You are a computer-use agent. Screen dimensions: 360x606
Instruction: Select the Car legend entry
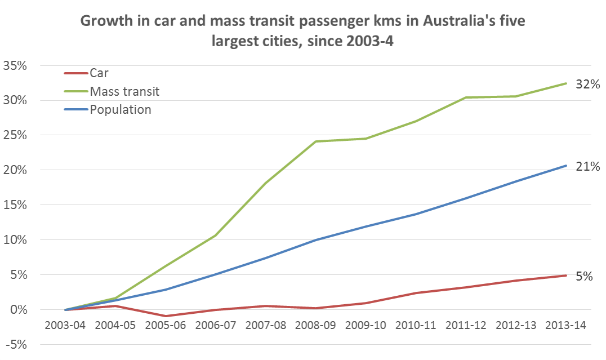[x=99, y=73]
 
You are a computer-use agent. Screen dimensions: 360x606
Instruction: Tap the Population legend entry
[x=121, y=109]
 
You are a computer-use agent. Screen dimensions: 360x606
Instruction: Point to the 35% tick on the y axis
[x=15, y=65]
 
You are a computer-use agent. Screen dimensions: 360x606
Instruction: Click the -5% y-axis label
[x=15, y=345]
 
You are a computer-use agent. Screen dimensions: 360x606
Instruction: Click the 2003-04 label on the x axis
[x=66, y=327]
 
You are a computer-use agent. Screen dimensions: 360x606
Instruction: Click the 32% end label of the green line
[x=587, y=85]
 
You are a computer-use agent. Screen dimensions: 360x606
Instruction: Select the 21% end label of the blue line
[x=587, y=166]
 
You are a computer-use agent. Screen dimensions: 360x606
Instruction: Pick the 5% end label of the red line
[x=583, y=277]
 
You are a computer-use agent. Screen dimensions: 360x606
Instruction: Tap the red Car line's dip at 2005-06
[x=165, y=316]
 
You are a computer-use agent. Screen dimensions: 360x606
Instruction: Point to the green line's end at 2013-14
[x=565, y=83]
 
